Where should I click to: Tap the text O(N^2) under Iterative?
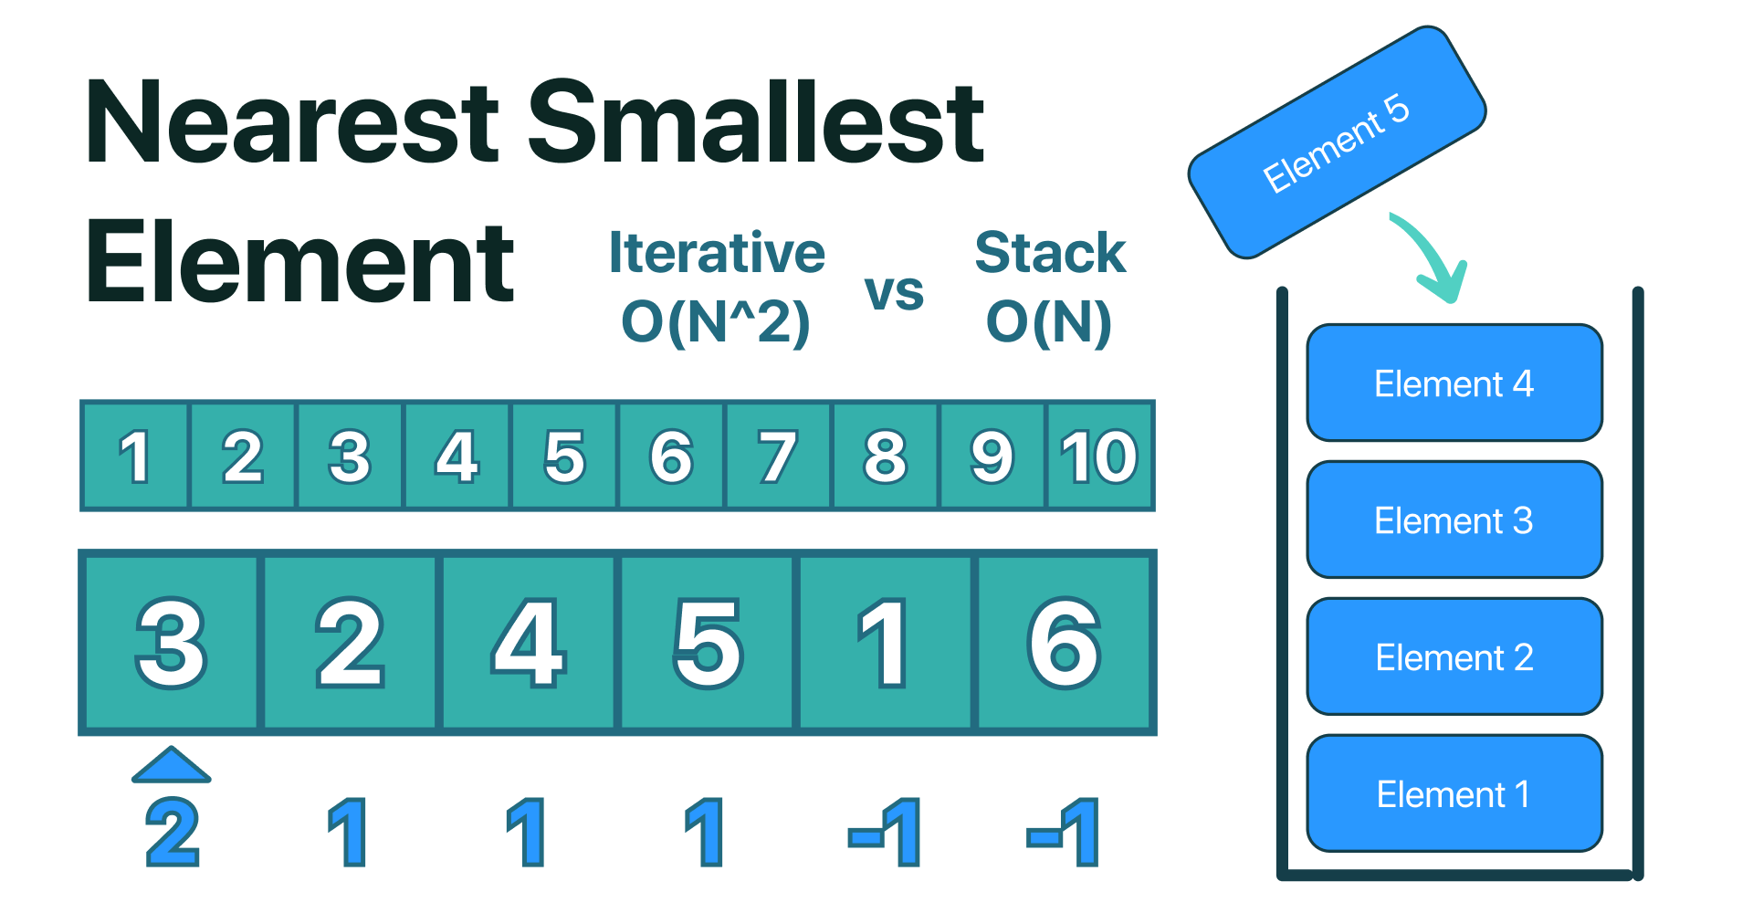(x=716, y=322)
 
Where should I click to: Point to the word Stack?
(x=1050, y=253)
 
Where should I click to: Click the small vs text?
(x=894, y=292)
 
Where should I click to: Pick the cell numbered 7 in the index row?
(x=777, y=456)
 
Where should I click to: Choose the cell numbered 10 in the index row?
(x=1099, y=456)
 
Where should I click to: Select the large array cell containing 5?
(x=708, y=643)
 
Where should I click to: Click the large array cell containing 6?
(x=1065, y=643)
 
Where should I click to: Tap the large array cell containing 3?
(x=171, y=643)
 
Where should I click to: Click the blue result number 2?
(x=173, y=832)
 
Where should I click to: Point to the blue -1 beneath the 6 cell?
(x=1065, y=832)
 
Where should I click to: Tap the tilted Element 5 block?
(x=1337, y=142)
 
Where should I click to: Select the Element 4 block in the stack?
(x=1454, y=383)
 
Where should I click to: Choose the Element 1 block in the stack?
(x=1454, y=794)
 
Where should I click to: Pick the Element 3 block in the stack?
(x=1454, y=520)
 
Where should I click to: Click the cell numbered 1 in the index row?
(x=135, y=456)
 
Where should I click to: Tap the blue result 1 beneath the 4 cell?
(x=527, y=832)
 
